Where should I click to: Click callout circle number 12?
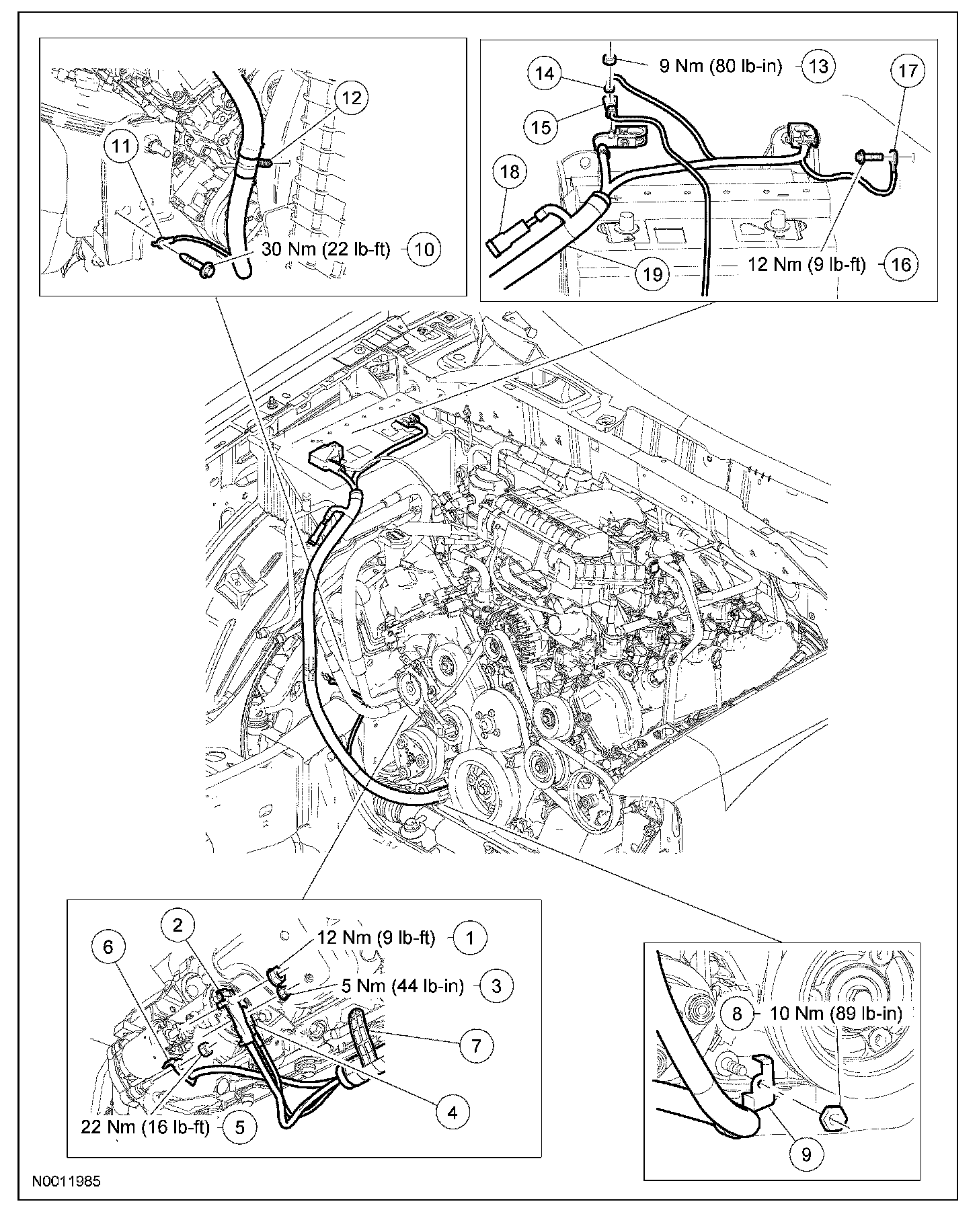pos(351,98)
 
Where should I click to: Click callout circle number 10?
pos(425,249)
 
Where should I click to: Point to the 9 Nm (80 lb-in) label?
pos(720,66)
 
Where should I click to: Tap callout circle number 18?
pos(510,171)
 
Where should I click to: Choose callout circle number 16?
pos(901,264)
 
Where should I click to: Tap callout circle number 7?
pos(476,1045)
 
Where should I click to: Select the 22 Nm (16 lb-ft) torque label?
pos(145,1126)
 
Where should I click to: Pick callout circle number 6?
pos(109,947)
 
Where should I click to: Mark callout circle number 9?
pos(807,1154)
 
